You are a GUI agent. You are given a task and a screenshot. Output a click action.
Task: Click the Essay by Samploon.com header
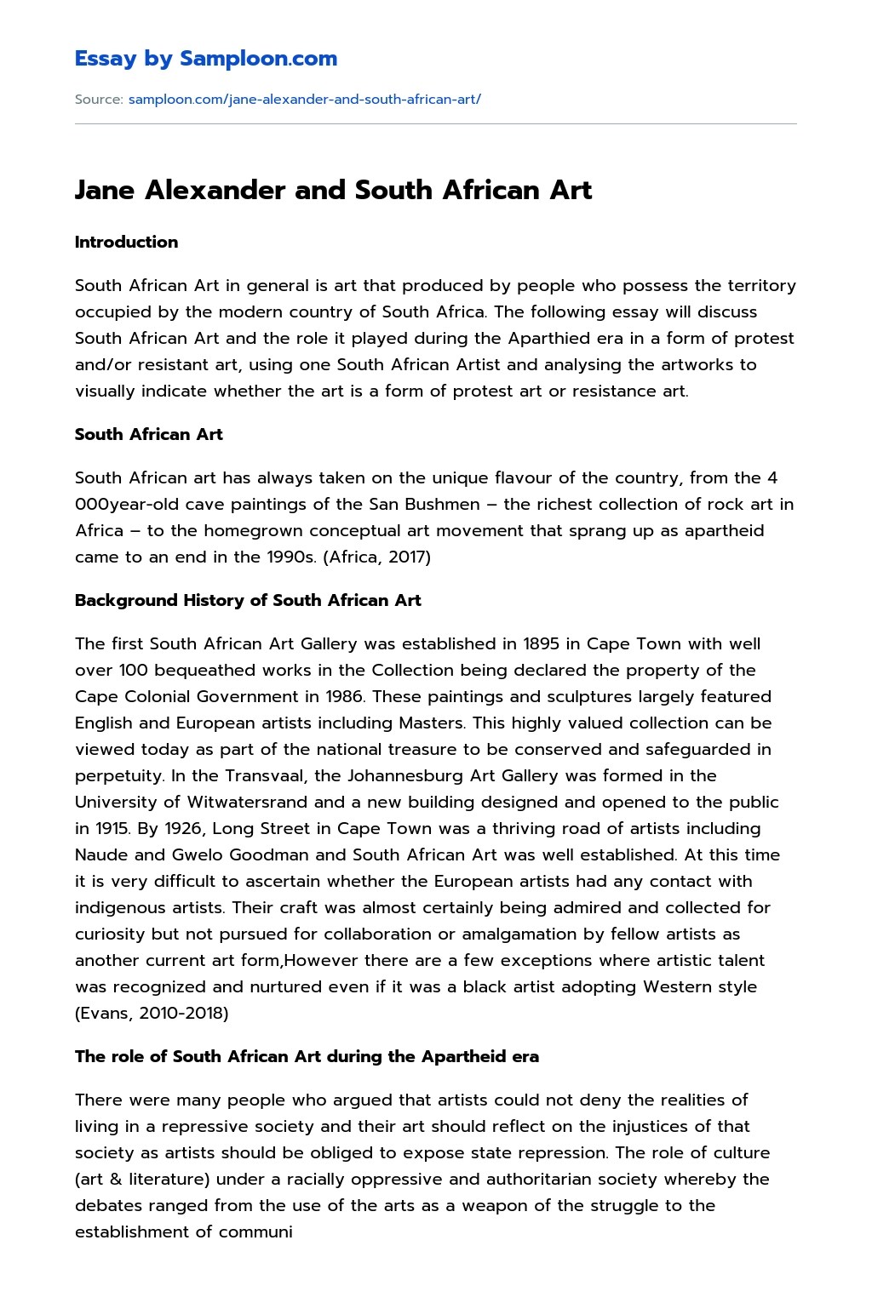[x=205, y=59]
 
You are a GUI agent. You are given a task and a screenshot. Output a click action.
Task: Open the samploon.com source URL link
[x=304, y=99]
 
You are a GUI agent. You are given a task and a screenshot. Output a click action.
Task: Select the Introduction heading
[x=126, y=242]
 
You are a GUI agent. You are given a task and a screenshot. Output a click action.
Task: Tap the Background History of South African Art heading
[x=248, y=600]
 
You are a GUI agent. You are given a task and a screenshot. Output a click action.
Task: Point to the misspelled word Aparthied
[x=551, y=338]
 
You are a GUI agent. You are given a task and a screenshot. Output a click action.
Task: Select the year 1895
[x=542, y=643]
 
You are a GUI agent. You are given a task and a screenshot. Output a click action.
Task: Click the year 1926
[x=181, y=828]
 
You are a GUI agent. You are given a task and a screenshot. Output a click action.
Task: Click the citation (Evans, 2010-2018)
[x=152, y=1013]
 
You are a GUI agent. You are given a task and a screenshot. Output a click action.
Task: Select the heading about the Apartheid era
[x=307, y=1056]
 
